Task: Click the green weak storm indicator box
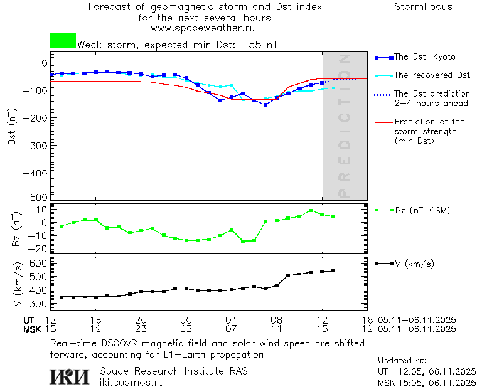63,41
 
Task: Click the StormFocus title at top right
423,7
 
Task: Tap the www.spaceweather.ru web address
203,28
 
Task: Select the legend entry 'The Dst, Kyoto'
424,57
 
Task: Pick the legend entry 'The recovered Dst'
432,75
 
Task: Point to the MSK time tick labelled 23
141,329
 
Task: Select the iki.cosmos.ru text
132,382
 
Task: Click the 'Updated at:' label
402,361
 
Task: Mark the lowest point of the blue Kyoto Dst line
265,105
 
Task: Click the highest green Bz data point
311,211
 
